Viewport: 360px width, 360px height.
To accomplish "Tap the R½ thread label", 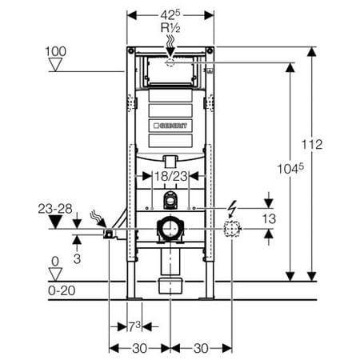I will (x=170, y=30).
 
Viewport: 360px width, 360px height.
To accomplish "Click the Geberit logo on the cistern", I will (x=170, y=125).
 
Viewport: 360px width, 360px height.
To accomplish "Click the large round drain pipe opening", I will (x=170, y=230).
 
